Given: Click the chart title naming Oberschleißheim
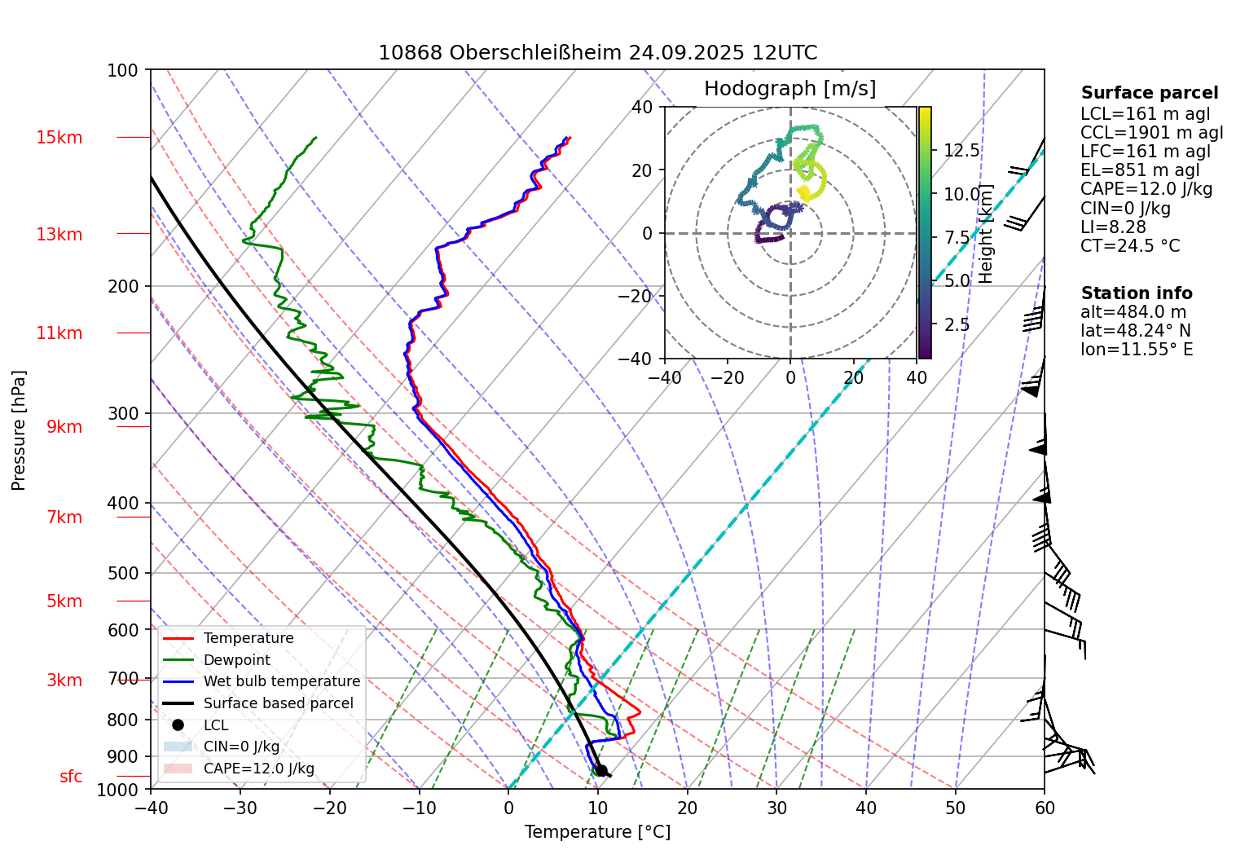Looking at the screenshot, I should [x=597, y=53].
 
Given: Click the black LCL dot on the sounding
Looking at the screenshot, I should [x=601, y=770].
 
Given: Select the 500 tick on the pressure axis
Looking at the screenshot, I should [x=123, y=574].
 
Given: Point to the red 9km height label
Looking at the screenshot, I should [x=64, y=427].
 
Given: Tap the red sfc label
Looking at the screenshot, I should [x=71, y=777].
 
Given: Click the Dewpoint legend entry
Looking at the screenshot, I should [x=236, y=660].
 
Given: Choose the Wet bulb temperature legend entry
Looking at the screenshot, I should [x=281, y=681].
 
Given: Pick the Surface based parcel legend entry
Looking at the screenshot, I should [x=278, y=703].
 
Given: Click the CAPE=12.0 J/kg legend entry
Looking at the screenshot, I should [x=258, y=769].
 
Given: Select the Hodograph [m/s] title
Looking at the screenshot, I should [x=790, y=89].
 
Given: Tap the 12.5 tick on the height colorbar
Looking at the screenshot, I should [x=961, y=151].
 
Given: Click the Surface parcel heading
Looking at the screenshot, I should [x=1149, y=93].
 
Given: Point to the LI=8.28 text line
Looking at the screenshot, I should [x=1113, y=227].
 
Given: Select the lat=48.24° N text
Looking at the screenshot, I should [x=1135, y=331].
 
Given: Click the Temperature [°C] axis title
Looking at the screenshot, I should [x=597, y=832].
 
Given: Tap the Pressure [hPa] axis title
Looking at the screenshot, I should [x=19, y=430].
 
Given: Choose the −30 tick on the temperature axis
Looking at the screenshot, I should [x=240, y=808].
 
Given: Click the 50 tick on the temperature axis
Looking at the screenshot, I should [x=955, y=808].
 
